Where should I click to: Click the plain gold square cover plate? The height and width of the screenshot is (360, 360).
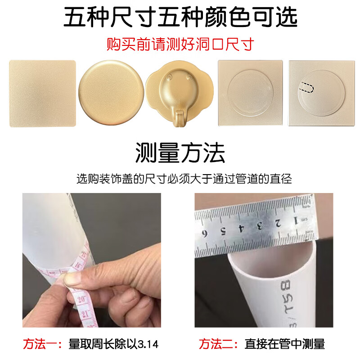tap(42, 94)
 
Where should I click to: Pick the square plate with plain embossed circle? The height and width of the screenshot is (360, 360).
tap(250, 93)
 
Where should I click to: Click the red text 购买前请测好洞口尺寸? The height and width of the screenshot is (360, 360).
tap(180, 44)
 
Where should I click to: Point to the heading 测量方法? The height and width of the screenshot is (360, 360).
tap(180, 153)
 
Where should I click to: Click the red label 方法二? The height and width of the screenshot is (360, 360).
tap(218, 344)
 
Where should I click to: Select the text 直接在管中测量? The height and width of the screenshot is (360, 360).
tap(284, 344)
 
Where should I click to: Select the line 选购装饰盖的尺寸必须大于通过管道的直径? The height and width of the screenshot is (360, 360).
tap(184, 179)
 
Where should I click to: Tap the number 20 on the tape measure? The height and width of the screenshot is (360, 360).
tap(82, 298)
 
